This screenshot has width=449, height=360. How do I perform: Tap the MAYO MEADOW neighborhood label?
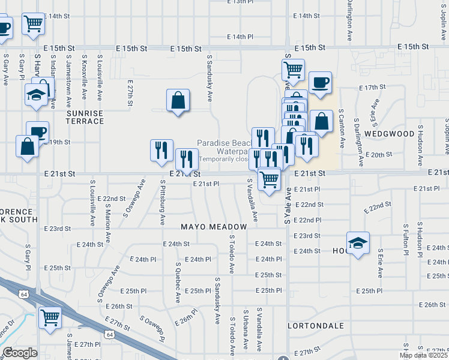tap(214, 227)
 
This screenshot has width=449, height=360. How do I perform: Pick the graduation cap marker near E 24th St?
tap(358, 243)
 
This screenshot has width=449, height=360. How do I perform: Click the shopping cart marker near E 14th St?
tap(34, 24)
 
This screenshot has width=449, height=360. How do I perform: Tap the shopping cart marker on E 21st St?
tap(270, 178)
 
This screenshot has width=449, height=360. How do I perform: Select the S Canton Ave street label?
tap(342, 128)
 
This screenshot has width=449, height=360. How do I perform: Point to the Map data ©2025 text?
tap(423, 355)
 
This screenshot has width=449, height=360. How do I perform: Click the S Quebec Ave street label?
tap(178, 282)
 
